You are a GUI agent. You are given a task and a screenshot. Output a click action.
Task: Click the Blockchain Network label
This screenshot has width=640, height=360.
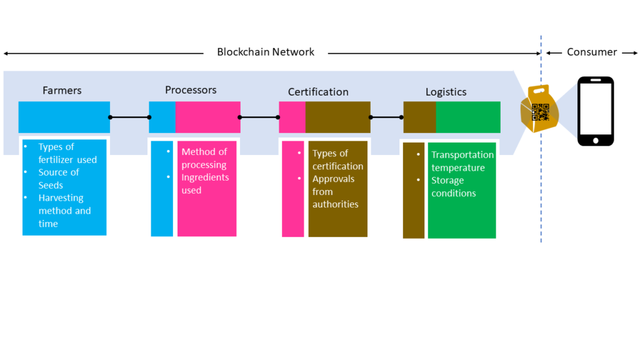pyautogui.click(x=266, y=52)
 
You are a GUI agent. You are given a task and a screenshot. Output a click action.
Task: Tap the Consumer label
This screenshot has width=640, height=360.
pyautogui.click(x=591, y=52)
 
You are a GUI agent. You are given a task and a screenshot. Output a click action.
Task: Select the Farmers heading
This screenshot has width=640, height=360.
pyautogui.click(x=62, y=91)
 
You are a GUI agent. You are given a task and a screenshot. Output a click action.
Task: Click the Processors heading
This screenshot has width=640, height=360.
pyautogui.click(x=191, y=90)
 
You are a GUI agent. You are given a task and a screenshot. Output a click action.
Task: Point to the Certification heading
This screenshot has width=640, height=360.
pyautogui.click(x=318, y=92)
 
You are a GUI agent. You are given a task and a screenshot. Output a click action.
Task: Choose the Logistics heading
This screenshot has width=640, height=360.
pyautogui.click(x=446, y=92)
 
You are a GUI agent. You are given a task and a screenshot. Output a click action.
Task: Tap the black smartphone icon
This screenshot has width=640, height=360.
pyautogui.click(x=595, y=111)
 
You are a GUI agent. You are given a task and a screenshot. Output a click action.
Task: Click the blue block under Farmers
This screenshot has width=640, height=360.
pyautogui.click(x=64, y=117)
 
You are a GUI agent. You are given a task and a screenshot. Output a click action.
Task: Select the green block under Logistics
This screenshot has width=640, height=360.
pyautogui.click(x=467, y=117)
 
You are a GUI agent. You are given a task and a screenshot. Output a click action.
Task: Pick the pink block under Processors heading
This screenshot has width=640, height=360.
pyautogui.click(x=207, y=117)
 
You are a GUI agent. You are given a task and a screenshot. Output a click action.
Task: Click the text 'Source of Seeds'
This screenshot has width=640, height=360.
pyautogui.click(x=58, y=179)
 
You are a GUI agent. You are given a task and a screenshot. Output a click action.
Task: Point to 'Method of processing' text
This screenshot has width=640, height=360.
pyautogui.click(x=204, y=158)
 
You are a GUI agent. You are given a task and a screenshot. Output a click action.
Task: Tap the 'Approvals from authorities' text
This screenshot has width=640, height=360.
pyautogui.click(x=333, y=191)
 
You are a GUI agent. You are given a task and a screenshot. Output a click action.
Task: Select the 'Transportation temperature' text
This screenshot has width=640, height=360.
pyautogui.click(x=462, y=161)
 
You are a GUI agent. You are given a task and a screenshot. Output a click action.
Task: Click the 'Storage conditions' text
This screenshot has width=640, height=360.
pyautogui.click(x=453, y=187)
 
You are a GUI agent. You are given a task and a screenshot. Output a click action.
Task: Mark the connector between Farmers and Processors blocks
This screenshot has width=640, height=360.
pyautogui.click(x=129, y=117)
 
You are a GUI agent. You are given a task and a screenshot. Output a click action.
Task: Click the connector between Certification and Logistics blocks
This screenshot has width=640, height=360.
pyautogui.click(x=387, y=117)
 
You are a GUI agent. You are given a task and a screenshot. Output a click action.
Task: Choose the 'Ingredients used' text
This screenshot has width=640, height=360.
pyautogui.click(x=204, y=184)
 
